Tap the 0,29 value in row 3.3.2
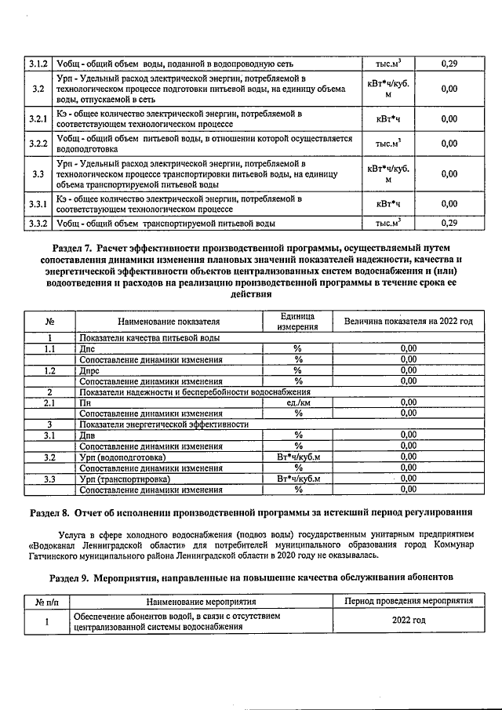[449, 224]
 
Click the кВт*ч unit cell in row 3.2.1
[387, 119]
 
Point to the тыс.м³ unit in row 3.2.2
[387, 144]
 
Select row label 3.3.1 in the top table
[39, 204]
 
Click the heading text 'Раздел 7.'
[64, 246]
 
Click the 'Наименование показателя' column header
[169, 321]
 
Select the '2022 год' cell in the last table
[408, 621]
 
